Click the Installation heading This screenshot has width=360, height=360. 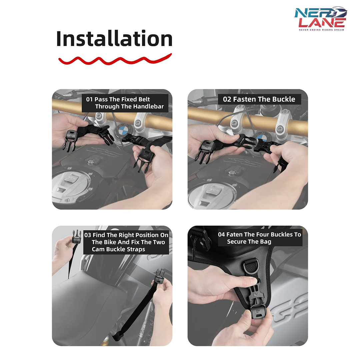[x=114, y=39]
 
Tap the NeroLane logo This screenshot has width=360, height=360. [x=321, y=18]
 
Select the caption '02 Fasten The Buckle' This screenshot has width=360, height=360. [x=259, y=99]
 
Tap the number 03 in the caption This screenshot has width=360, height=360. [x=88, y=235]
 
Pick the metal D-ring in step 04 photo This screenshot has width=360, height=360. [x=251, y=266]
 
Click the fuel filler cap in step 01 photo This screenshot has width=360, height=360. [x=70, y=186]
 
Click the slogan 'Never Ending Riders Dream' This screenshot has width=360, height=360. [x=321, y=30]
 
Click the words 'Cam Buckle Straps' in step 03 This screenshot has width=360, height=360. [x=118, y=249]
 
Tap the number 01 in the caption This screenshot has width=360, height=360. [x=89, y=99]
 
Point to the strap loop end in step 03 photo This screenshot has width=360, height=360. [x=117, y=337]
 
